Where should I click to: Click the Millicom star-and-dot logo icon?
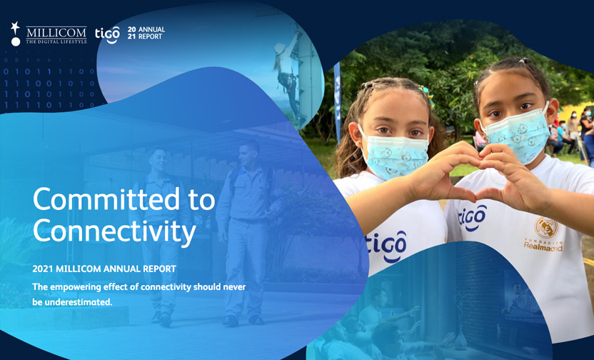[x=15, y=34]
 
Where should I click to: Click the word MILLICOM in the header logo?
[x=56, y=33]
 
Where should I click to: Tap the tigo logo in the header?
[x=108, y=34]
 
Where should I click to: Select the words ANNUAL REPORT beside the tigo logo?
[x=151, y=33]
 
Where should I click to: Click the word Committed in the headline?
[x=107, y=199]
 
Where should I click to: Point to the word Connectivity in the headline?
[x=114, y=231]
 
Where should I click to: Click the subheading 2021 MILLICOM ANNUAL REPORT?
[x=104, y=269]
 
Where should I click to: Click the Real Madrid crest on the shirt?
[x=546, y=227]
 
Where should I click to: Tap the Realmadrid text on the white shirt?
[x=543, y=246]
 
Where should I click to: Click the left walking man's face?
[x=158, y=159]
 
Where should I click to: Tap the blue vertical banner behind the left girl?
[x=338, y=101]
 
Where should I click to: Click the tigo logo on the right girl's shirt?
[x=472, y=218]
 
